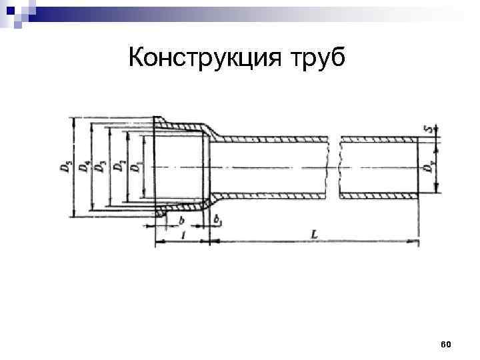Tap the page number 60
[446, 344]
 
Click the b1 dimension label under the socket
[218, 217]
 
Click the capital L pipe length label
[313, 233]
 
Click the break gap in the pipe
[335, 167]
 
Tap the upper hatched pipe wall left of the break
[273, 139]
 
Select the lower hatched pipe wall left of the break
[273, 195]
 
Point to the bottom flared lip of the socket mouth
[159, 213]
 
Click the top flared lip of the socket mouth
[159, 121]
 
